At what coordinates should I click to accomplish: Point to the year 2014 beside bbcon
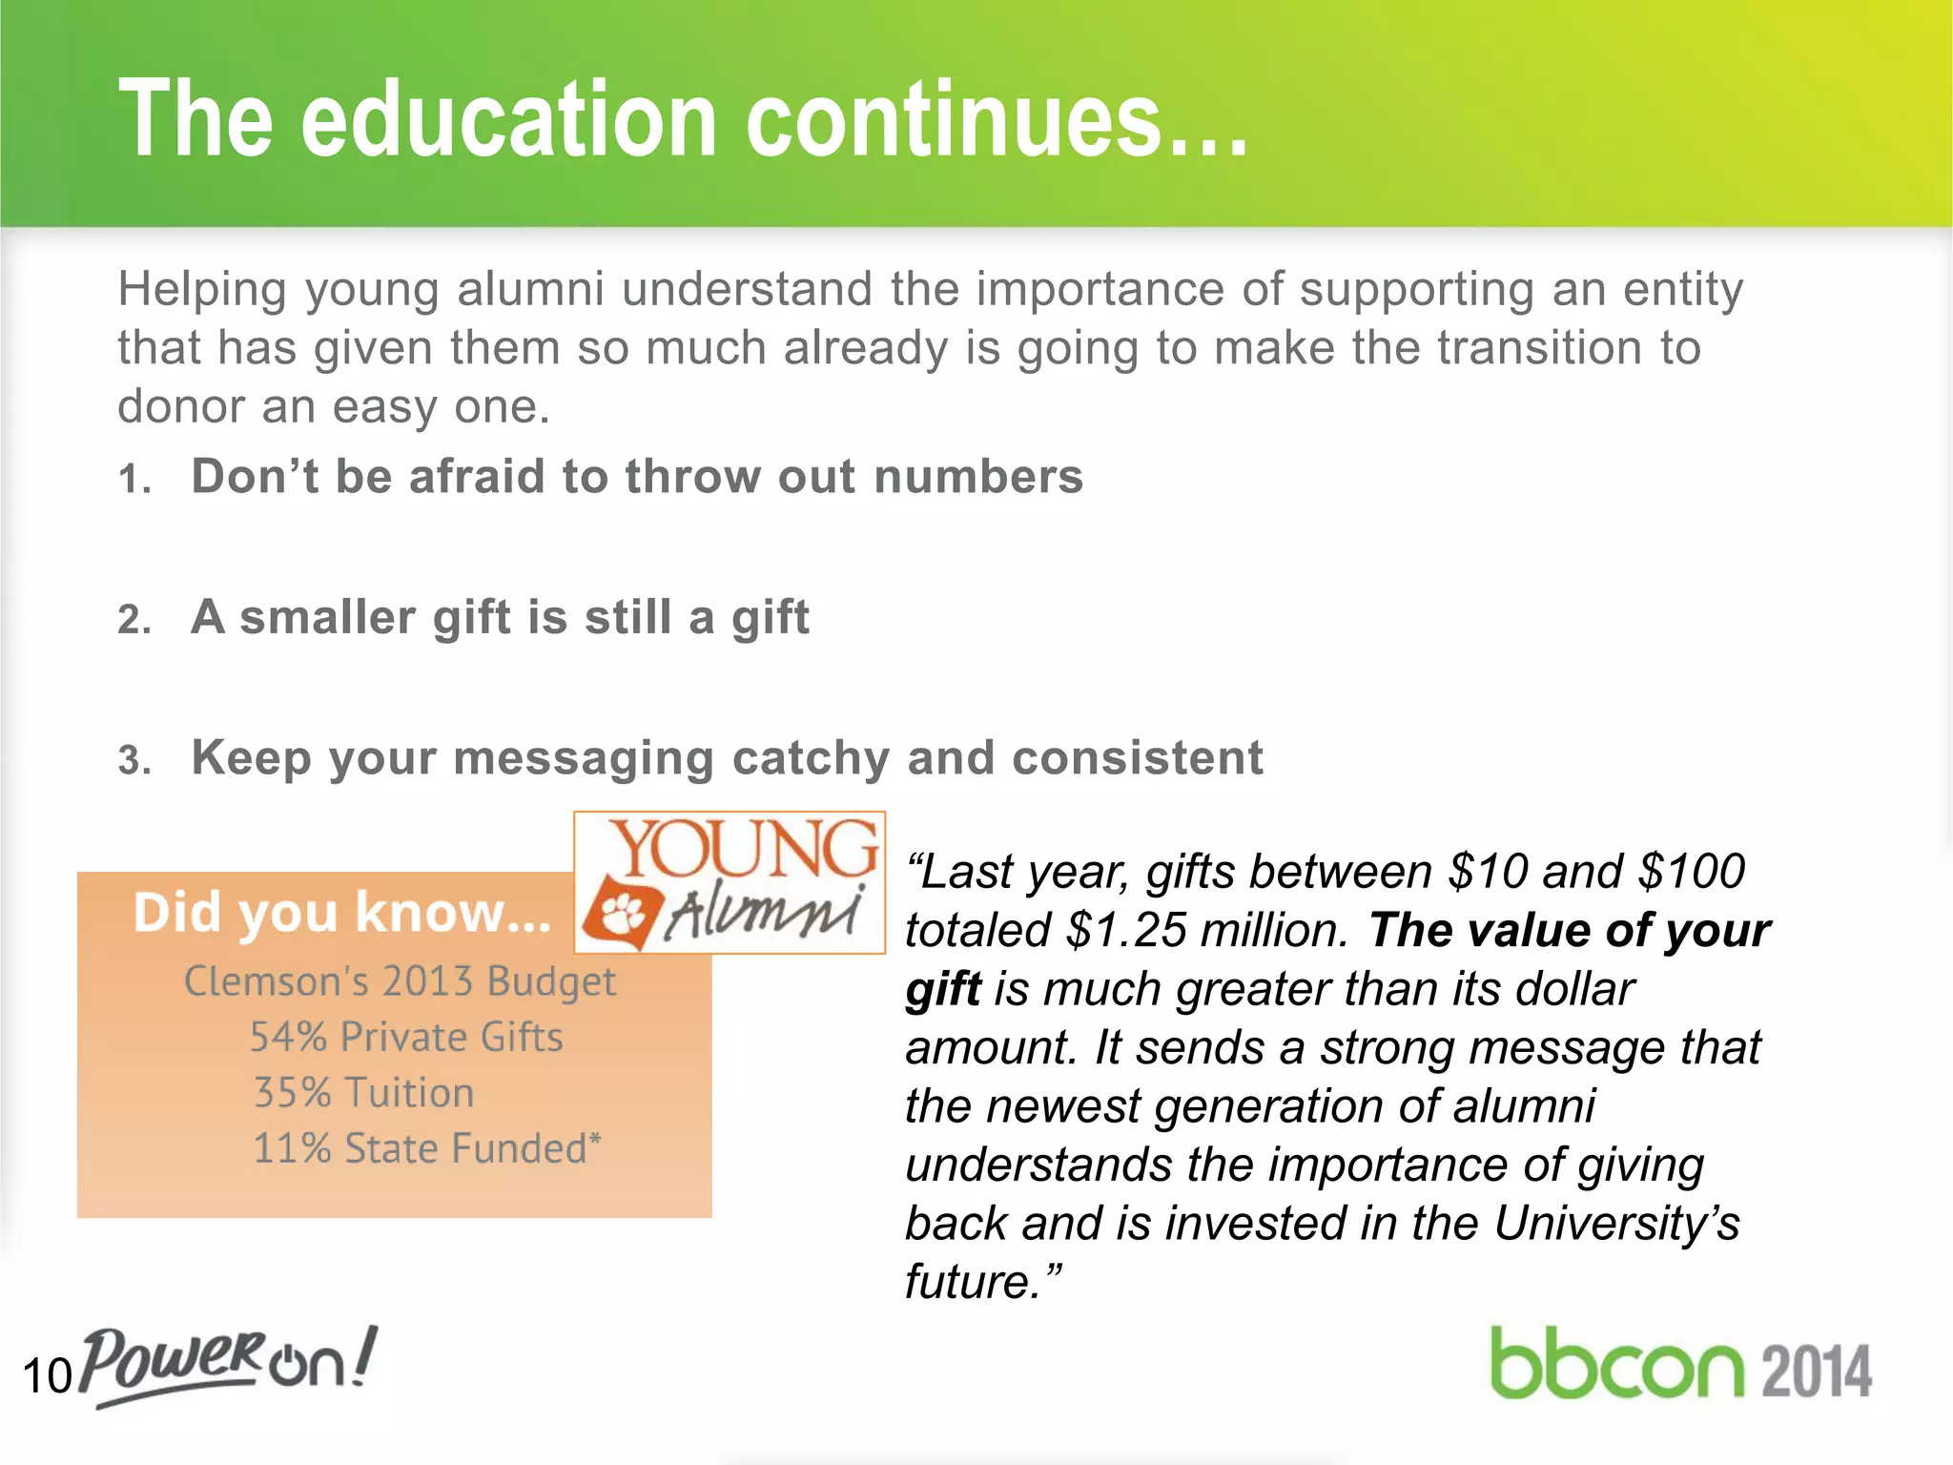(1816, 1372)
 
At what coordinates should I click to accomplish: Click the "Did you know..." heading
(341, 913)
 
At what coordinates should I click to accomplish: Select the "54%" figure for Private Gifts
(288, 1037)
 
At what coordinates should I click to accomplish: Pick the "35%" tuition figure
(292, 1093)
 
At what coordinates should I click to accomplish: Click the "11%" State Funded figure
(291, 1148)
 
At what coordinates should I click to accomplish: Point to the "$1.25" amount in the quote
(1125, 930)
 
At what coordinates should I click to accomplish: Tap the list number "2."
(134, 620)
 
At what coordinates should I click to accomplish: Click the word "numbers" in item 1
(978, 476)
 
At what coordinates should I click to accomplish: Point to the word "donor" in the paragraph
(180, 406)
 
